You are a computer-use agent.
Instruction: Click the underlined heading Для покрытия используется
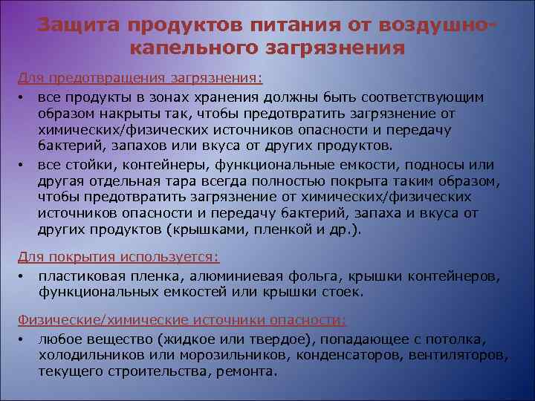pos(118,257)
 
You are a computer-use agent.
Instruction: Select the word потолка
pos(456,339)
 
